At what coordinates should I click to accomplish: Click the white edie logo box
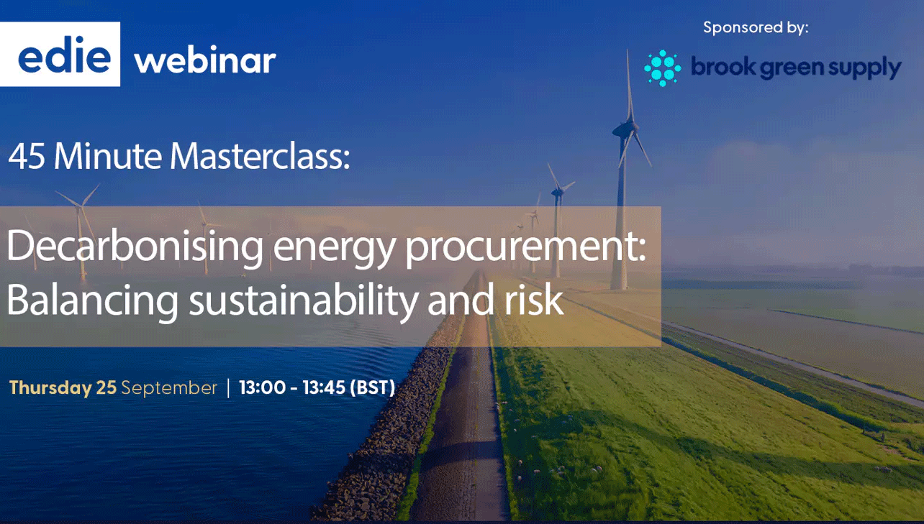coord(60,54)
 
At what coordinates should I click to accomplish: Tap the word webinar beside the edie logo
coord(205,60)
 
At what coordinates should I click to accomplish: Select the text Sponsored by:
coord(756,27)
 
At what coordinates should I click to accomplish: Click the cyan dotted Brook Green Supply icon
coord(663,68)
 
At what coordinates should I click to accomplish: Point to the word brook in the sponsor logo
coord(725,66)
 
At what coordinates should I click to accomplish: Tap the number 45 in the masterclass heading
coord(27,157)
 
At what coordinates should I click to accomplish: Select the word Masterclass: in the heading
coord(260,156)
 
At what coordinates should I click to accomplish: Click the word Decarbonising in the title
coord(135,246)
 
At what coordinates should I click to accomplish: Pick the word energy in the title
coord(334,249)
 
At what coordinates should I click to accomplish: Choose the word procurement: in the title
coord(525,248)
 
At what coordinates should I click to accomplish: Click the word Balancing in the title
coord(92,300)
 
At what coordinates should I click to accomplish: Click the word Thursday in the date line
coord(50,388)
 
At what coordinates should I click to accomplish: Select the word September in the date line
coord(169,388)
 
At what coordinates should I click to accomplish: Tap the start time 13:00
coord(263,387)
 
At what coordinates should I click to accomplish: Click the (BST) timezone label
coord(373,387)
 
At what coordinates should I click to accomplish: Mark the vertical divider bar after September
coord(228,388)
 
